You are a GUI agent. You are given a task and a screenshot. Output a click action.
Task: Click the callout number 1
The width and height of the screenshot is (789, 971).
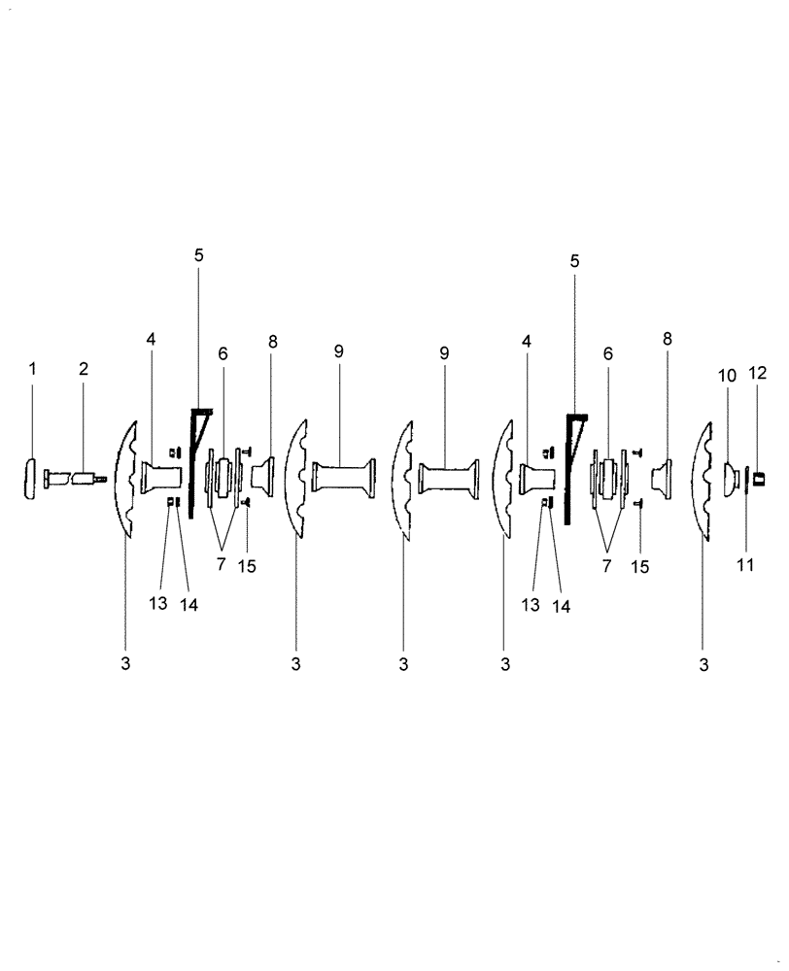click(32, 369)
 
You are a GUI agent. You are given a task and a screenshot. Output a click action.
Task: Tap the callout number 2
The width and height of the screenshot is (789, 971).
click(84, 369)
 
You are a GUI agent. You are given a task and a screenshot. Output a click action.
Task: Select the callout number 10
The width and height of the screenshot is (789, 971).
click(728, 375)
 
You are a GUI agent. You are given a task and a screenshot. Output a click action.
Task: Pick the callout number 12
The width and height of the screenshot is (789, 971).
click(758, 375)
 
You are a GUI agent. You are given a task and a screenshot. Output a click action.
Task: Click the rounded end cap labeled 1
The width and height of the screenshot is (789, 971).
click(32, 479)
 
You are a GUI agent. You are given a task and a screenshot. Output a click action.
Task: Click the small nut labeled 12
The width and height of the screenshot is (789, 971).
click(760, 478)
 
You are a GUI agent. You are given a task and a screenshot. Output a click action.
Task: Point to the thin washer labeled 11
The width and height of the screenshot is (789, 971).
click(745, 479)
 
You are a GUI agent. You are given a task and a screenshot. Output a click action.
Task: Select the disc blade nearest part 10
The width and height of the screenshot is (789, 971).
click(704, 478)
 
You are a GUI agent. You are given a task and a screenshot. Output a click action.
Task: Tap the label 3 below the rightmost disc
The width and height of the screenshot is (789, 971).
click(704, 666)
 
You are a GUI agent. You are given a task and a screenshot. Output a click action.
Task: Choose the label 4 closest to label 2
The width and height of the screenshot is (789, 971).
click(152, 339)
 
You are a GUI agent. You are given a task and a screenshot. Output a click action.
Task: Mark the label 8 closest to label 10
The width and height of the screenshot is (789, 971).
click(668, 339)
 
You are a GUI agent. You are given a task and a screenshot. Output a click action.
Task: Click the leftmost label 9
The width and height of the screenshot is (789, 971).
click(338, 352)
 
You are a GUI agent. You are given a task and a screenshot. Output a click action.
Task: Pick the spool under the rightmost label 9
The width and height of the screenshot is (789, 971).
click(448, 478)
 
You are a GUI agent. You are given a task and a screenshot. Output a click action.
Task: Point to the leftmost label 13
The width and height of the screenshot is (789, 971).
click(158, 603)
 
